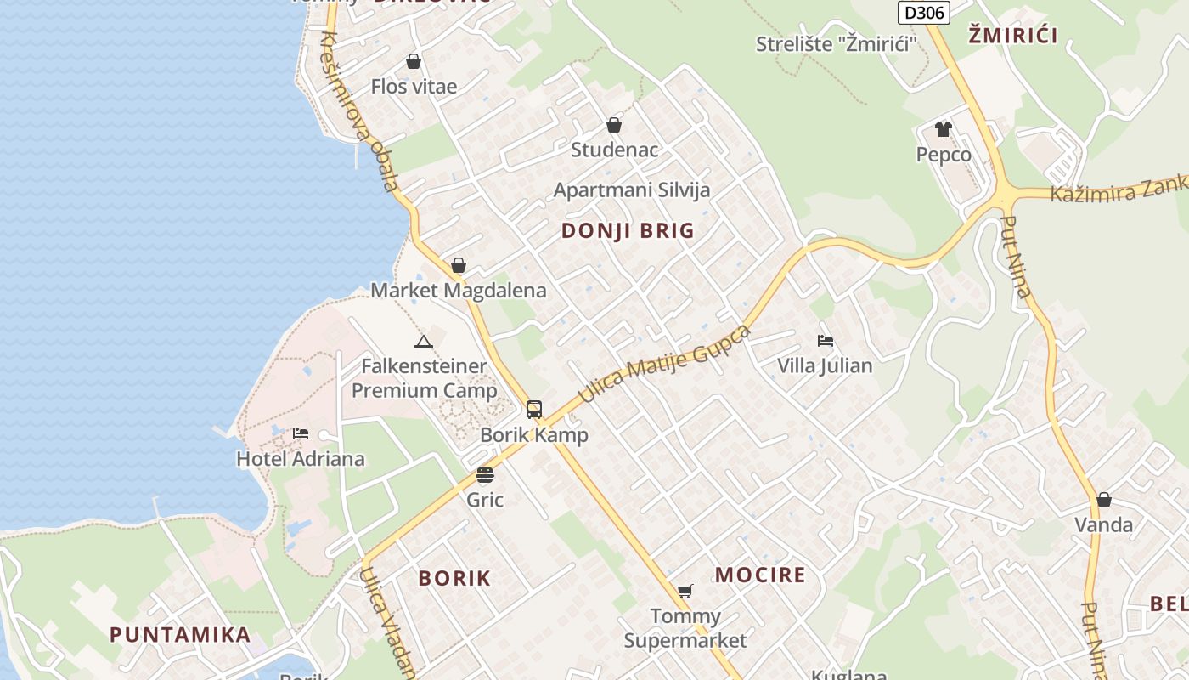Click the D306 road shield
pyautogui.click(x=922, y=12)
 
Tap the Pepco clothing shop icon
pyautogui.click(x=944, y=129)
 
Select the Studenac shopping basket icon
pyautogui.click(x=614, y=125)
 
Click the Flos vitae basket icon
pyautogui.click(x=414, y=61)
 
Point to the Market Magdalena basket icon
pyautogui.click(x=459, y=265)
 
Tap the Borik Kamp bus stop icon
pyautogui.click(x=533, y=410)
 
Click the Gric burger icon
pyautogui.click(x=485, y=474)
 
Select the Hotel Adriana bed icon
pyautogui.click(x=301, y=433)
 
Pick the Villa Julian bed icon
pyautogui.click(x=825, y=341)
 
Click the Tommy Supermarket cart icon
pyautogui.click(x=685, y=591)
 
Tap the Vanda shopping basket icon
pyautogui.click(x=1103, y=500)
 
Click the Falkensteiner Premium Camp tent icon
pyautogui.click(x=423, y=342)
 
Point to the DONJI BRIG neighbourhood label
pyautogui.click(x=628, y=230)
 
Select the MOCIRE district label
pyautogui.click(x=760, y=575)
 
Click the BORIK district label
pyautogui.click(x=454, y=578)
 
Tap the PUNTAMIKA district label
pyautogui.click(x=180, y=634)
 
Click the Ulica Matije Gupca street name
pyautogui.click(x=665, y=364)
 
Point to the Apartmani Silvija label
pyautogui.click(x=631, y=190)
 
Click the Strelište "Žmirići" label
pyautogui.click(x=837, y=44)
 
